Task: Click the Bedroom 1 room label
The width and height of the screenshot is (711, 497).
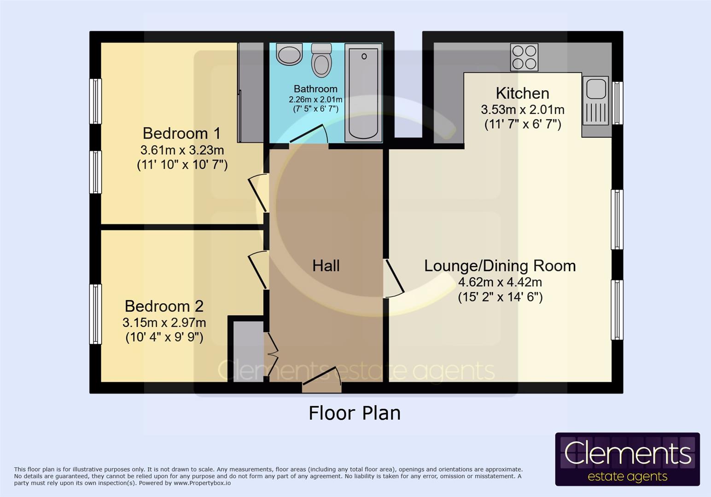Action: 182,133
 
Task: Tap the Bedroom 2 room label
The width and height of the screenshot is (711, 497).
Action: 164,306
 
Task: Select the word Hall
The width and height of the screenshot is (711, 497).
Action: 326,266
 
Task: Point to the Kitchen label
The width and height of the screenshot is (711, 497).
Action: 522,93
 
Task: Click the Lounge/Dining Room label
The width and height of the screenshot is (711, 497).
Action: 500,266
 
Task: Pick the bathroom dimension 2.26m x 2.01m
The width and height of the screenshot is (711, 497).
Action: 315,99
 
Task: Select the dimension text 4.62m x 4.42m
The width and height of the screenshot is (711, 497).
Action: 500,282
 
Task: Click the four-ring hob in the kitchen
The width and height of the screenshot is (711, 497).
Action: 524,57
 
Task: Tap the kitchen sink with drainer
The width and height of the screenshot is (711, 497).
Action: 596,101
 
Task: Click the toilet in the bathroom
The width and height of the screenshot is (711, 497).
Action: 321,60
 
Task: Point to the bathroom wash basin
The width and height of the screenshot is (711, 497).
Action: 289,54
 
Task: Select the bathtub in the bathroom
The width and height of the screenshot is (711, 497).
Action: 363,93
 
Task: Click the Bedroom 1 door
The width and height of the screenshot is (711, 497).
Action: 258,192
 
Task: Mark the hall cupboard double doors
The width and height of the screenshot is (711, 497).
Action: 272,354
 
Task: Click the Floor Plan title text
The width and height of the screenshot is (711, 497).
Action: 354,413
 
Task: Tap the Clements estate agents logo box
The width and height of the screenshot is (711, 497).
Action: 627,459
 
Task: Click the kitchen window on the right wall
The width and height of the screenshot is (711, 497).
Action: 618,103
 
